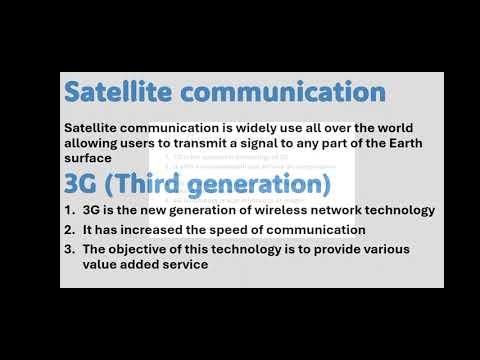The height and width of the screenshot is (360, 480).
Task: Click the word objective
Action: click(145, 248)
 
